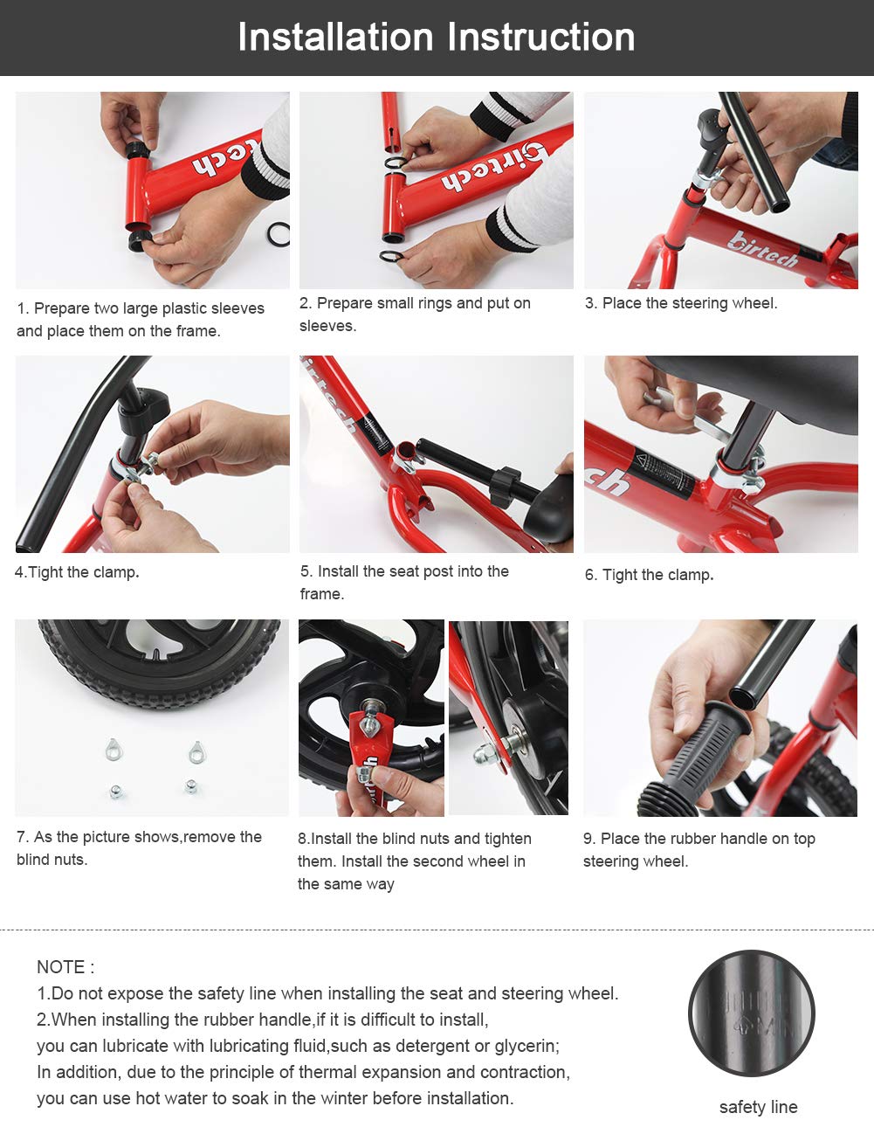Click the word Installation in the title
coord(335,37)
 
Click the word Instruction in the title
coord(540,37)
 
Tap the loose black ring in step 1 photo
coord(278,234)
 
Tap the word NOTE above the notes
coord(60,967)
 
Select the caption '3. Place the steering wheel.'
coord(681,303)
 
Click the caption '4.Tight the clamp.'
coord(77,572)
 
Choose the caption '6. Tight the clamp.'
coord(650,575)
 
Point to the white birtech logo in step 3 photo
coord(762,250)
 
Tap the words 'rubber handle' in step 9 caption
coord(705,839)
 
